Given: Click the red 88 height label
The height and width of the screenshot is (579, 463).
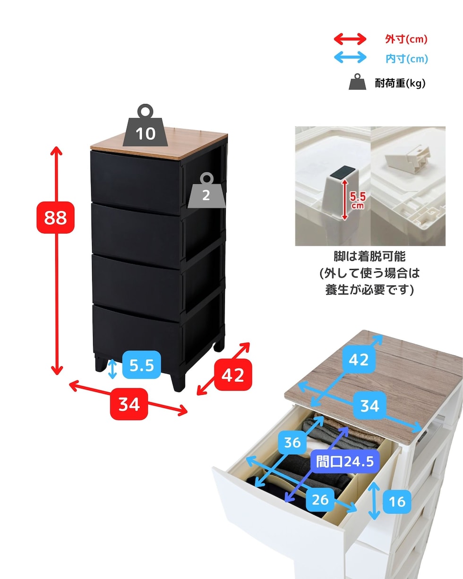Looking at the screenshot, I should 55,217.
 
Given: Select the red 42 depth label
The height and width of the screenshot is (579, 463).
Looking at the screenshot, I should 233,375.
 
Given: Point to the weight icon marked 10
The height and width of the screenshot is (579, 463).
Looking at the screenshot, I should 146,127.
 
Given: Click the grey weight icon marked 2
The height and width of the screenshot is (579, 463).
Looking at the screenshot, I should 206,191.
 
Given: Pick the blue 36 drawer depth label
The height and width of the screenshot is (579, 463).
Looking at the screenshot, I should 293,442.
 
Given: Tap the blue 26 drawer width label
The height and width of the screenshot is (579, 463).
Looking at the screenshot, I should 320,499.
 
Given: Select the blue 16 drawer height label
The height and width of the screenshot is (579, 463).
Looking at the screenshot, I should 397,501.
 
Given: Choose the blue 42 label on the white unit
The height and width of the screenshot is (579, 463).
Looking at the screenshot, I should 358,360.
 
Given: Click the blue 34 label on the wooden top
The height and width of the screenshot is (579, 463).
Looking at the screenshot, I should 369,405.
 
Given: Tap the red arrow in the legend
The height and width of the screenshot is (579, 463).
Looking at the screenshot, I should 350,39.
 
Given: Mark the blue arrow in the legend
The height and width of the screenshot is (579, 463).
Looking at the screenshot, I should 350,58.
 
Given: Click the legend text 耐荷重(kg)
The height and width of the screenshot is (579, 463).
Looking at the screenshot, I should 403,84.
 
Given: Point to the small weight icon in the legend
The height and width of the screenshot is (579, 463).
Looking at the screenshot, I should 357,82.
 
